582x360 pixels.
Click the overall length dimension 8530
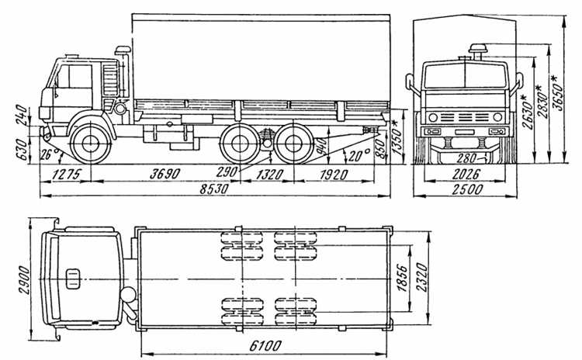(x=214, y=189)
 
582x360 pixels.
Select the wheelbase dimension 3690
(x=165, y=174)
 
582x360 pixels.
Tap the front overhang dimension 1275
(x=66, y=174)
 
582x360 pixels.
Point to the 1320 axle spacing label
(x=270, y=175)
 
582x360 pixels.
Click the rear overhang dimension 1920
(x=334, y=175)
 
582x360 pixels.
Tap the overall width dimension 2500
(x=467, y=189)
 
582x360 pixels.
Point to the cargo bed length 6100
(x=265, y=346)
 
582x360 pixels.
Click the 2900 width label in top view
(x=25, y=280)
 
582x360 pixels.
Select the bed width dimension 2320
(x=421, y=277)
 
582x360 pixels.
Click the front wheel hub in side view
(x=91, y=144)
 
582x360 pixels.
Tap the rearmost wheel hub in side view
(x=294, y=144)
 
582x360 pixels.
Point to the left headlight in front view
(x=433, y=118)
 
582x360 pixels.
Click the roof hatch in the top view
(x=72, y=279)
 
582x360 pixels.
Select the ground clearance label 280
(x=466, y=158)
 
